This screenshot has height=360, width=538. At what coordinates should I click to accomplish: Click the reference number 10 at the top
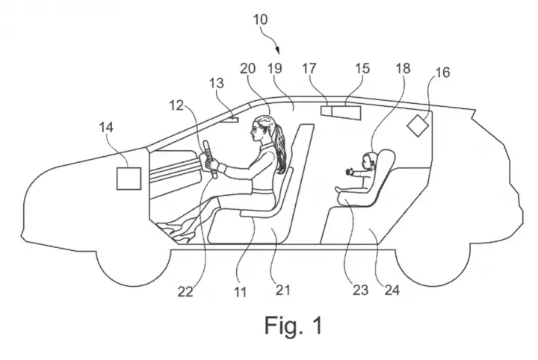260,19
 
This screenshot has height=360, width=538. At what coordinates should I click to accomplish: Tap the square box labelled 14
129,179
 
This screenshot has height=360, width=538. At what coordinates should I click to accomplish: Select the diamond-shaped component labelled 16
418,125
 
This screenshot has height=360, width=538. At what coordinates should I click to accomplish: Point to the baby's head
369,160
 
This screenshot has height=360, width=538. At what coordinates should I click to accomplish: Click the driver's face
256,130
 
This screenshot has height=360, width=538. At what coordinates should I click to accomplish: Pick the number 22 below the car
185,291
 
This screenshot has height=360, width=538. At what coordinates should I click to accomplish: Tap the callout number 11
240,292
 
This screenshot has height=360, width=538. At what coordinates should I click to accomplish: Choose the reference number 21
282,290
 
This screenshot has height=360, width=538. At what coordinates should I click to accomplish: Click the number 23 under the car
361,290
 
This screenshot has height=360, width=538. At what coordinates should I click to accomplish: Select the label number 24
392,290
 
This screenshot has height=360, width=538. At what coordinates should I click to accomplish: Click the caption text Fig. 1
294,325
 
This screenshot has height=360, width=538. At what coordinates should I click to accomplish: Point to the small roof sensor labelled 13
231,120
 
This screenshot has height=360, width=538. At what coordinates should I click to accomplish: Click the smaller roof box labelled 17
326,111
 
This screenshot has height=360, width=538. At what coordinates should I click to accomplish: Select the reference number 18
403,69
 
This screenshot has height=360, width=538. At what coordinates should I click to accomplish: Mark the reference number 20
247,69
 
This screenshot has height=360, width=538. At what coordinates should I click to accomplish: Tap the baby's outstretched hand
349,171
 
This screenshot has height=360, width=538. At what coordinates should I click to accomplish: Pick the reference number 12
176,105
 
